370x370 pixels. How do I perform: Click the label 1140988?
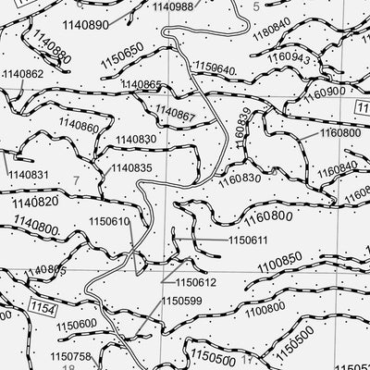pos(173,6)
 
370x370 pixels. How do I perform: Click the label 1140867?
pos(175,115)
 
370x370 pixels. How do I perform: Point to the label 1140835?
pos(132,168)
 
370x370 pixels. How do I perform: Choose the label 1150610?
pos(109,222)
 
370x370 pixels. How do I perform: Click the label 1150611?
pos(247,240)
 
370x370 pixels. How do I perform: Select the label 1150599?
pos(181,301)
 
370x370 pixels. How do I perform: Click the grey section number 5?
pos(256,7)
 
